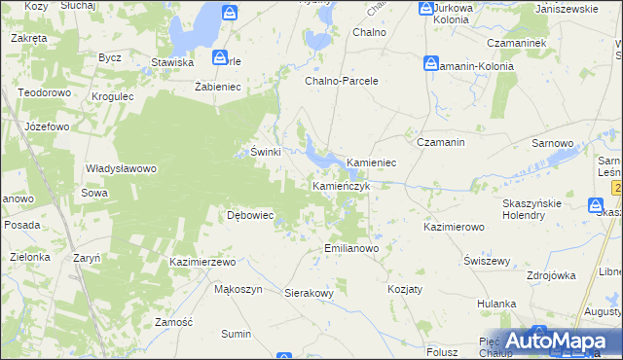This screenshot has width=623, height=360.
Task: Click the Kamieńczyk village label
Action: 341,185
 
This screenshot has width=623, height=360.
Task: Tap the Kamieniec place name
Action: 371,162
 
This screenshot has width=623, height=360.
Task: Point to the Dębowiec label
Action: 250,215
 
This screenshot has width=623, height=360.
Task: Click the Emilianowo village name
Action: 350,248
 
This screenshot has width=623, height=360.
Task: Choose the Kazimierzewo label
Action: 203,263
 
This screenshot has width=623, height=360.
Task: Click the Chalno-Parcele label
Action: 342,81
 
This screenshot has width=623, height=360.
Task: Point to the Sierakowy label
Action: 310,292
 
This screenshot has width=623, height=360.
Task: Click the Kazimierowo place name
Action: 454,226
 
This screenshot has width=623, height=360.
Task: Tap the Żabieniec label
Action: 218,86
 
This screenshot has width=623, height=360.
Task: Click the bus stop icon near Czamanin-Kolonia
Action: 431,63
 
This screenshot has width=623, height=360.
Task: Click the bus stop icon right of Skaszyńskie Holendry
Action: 596,204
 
